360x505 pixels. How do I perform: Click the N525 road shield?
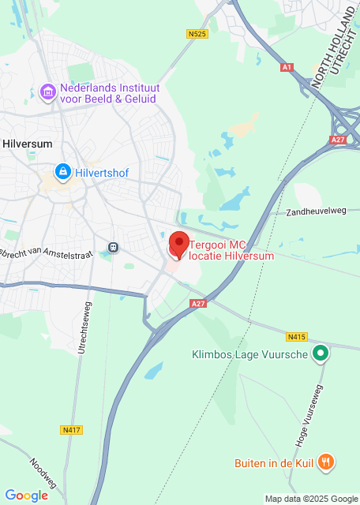197,34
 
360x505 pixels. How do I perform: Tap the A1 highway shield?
287,68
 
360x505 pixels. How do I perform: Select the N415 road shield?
297,337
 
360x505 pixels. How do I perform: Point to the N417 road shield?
71,430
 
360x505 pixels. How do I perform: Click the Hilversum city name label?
26,144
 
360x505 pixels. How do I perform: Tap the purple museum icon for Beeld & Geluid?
48,92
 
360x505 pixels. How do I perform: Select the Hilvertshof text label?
102,171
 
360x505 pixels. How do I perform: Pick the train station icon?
114,247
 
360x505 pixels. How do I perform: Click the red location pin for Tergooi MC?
178,244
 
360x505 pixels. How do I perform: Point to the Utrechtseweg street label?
81,327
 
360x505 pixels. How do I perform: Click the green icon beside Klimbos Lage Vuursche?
320,354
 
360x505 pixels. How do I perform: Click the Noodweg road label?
44,472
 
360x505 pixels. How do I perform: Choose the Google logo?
26,496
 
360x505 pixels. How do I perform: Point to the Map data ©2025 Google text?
311,499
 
